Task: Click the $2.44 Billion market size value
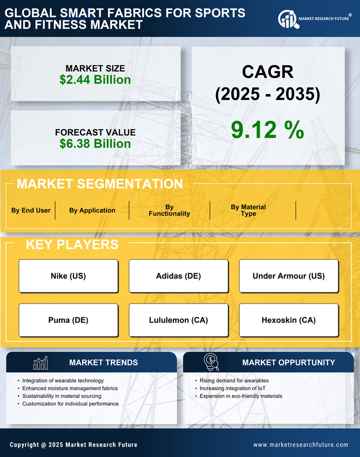[x=95, y=80]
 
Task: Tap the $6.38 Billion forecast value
[x=95, y=144]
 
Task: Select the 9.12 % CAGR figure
[x=267, y=130]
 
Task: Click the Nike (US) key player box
[x=68, y=276]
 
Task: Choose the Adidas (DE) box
[x=178, y=276]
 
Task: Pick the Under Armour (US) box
[x=289, y=276]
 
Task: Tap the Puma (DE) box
[x=68, y=320]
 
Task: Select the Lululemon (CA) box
[x=178, y=320]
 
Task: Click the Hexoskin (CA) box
[x=289, y=320]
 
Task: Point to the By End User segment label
[x=31, y=210]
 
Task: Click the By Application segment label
[x=92, y=210]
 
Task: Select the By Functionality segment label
[x=169, y=210]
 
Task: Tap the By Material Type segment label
[x=249, y=210]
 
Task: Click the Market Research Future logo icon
[x=287, y=19]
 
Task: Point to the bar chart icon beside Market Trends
[x=40, y=363]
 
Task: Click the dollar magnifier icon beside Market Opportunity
[x=211, y=362]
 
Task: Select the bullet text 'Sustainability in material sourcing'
[x=62, y=396]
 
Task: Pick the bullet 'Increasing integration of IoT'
[x=232, y=388]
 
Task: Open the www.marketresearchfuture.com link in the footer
[x=301, y=445]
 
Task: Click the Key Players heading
[x=72, y=244]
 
